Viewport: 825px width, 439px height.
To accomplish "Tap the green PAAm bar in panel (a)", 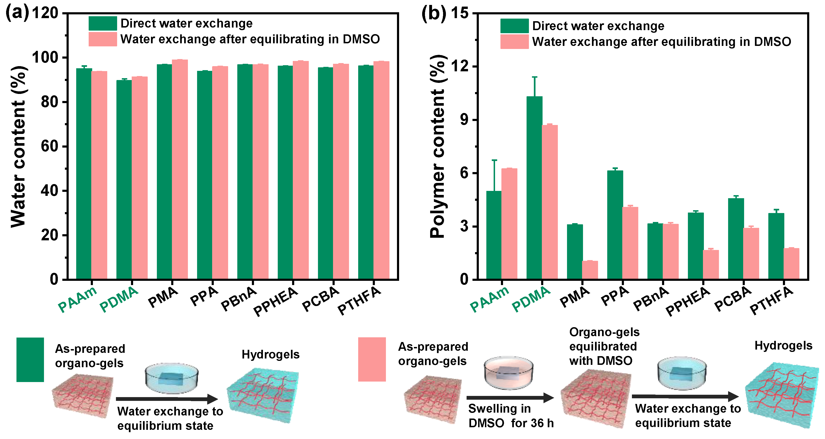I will click(x=84, y=173).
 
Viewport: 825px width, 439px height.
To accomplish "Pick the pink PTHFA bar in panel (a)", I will click(x=381, y=170).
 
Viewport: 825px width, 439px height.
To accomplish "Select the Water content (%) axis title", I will click(x=18, y=146).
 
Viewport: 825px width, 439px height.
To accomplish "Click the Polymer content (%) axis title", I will click(x=437, y=146).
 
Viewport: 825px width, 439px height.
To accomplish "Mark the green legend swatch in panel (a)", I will click(x=103, y=23).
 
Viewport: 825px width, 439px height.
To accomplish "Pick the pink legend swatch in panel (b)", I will click(x=514, y=42).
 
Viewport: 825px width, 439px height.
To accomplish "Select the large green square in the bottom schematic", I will click(x=30, y=359).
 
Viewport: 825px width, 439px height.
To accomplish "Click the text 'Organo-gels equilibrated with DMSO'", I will click(x=604, y=346).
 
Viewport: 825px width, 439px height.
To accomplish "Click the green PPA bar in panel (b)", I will click(x=615, y=224).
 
